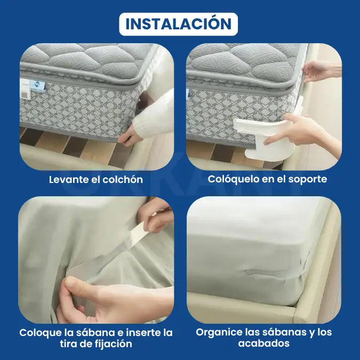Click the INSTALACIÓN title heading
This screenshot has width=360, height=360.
pyautogui.click(x=178, y=24)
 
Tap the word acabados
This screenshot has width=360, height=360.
pyautogui.click(x=264, y=343)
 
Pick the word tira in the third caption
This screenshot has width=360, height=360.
pyautogui.click(x=69, y=344)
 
